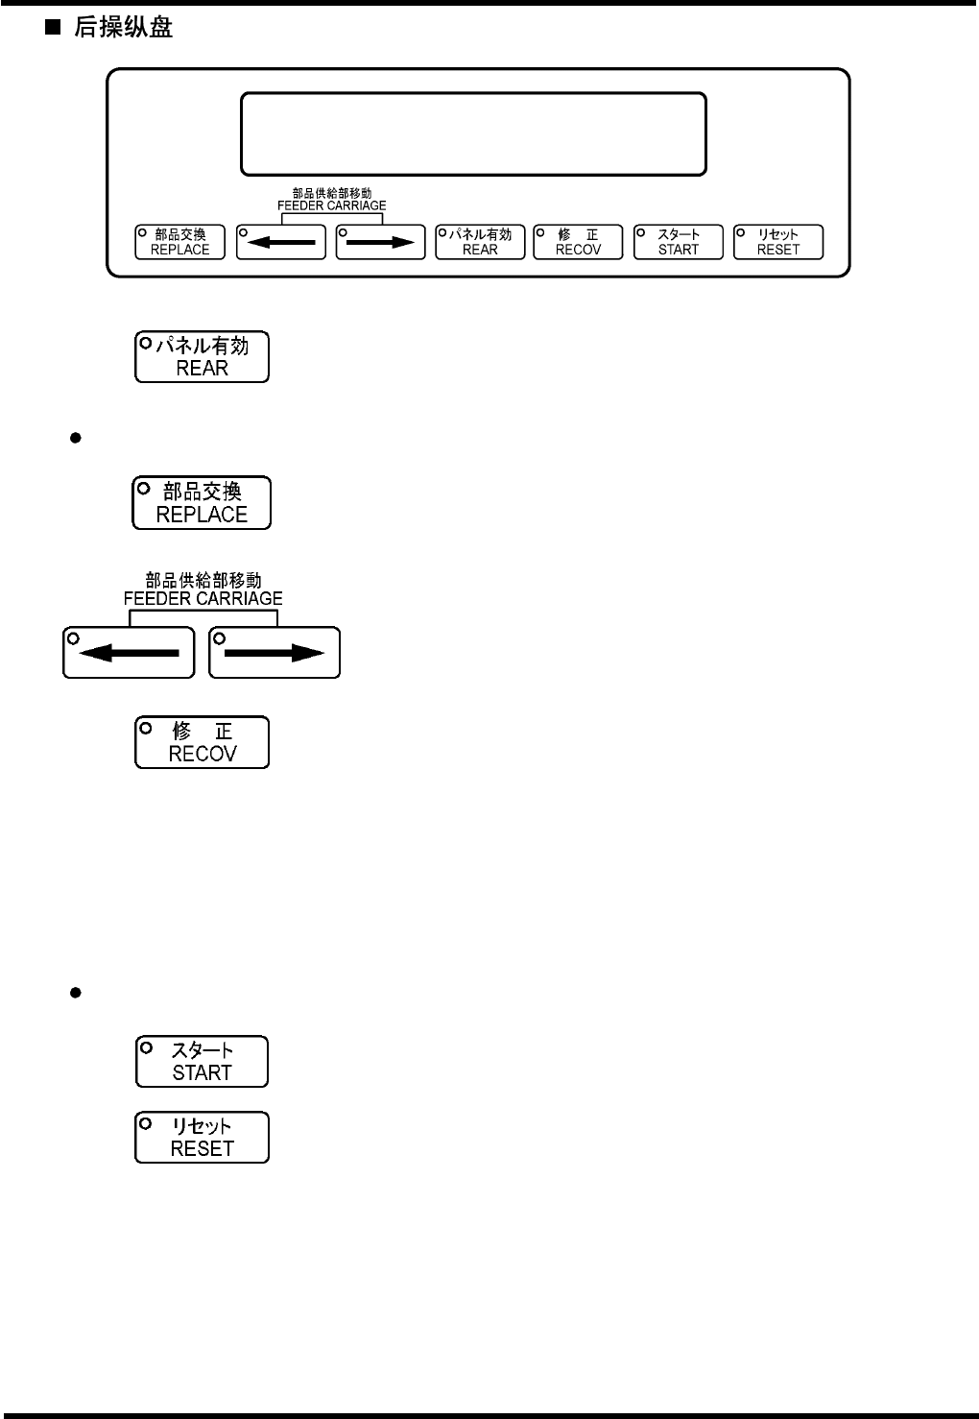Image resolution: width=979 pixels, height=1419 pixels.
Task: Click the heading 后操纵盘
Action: (x=123, y=28)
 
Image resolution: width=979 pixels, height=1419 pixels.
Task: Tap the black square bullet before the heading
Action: (x=52, y=28)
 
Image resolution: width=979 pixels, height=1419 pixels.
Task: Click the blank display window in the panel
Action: (x=474, y=133)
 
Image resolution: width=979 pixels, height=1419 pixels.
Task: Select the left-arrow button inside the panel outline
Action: (x=280, y=242)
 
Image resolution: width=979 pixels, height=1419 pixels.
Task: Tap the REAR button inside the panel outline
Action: (x=480, y=242)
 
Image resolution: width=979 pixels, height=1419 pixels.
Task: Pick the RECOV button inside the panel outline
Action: (x=578, y=242)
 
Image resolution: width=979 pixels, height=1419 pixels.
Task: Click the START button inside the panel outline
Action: (x=678, y=242)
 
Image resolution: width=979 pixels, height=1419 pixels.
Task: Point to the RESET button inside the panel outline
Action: (x=777, y=242)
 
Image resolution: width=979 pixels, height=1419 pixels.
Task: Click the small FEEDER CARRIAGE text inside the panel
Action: (x=332, y=205)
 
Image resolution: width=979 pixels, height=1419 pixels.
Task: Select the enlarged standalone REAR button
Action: (x=202, y=357)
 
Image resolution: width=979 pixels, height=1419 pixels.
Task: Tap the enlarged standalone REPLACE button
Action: (x=202, y=503)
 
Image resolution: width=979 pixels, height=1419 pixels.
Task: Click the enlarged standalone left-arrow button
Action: (x=129, y=653)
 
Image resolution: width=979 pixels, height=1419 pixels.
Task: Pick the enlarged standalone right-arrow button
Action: (x=275, y=653)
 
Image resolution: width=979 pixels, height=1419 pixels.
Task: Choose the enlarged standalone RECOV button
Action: (x=202, y=742)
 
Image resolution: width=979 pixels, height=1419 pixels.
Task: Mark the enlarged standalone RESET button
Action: (x=202, y=1138)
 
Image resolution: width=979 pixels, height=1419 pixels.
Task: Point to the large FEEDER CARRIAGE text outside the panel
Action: (x=203, y=598)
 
